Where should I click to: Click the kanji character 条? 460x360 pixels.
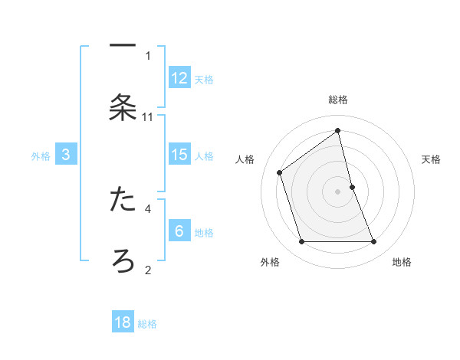pyautogui.click(x=123, y=108)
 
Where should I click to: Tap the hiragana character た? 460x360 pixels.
pyautogui.click(x=123, y=199)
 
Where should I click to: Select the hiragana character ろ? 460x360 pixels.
pyautogui.click(x=123, y=261)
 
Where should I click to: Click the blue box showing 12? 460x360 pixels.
pyautogui.click(x=179, y=77)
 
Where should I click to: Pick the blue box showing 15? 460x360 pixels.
pyautogui.click(x=179, y=154)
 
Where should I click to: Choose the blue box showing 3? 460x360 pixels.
pyautogui.click(x=66, y=154)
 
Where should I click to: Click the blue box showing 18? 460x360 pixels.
pyautogui.click(x=123, y=322)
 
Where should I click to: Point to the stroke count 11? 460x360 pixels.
pyautogui.click(x=148, y=117)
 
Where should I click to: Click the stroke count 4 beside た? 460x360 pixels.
pyautogui.click(x=148, y=208)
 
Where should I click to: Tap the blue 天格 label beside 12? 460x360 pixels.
pyautogui.click(x=204, y=79)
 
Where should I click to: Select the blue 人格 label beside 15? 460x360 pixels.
pyautogui.click(x=204, y=155)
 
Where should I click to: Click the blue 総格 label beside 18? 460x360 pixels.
pyautogui.click(x=147, y=324)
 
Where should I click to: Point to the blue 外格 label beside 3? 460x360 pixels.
pyautogui.click(x=41, y=155)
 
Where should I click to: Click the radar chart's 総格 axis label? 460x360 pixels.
pyautogui.click(x=338, y=100)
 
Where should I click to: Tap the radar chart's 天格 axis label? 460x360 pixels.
pyautogui.click(x=431, y=159)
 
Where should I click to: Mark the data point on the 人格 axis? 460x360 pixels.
pyautogui.click(x=280, y=172)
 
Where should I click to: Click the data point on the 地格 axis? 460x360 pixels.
pyautogui.click(x=374, y=242)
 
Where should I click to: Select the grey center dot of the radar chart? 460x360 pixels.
pyautogui.click(x=338, y=191)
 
